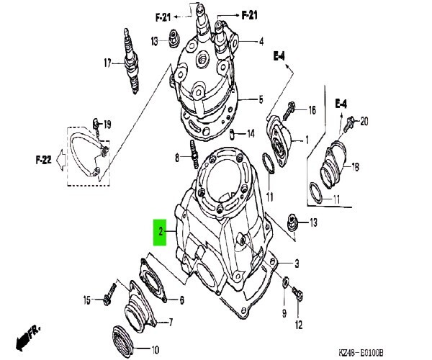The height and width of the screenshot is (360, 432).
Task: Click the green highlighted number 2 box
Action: pyautogui.click(x=160, y=232)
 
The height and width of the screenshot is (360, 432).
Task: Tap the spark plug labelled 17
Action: pyautogui.click(x=131, y=61)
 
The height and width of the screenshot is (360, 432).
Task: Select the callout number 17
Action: pyautogui.click(x=107, y=63)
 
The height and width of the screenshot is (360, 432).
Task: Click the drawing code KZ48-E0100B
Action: pyautogui.click(x=361, y=352)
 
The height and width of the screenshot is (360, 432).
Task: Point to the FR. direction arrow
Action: pyautogui.click(x=27, y=338)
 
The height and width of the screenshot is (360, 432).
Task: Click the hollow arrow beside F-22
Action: pyautogui.click(x=60, y=160)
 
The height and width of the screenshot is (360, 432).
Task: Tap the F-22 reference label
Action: pyautogui.click(x=43, y=160)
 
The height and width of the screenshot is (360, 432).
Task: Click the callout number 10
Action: pyautogui.click(x=156, y=350)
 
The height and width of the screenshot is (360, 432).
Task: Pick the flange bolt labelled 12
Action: pyautogui.click(x=297, y=294)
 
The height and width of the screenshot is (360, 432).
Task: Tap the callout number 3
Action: pyautogui.click(x=297, y=264)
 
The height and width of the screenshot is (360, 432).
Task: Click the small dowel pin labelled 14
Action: pyautogui.click(x=232, y=133)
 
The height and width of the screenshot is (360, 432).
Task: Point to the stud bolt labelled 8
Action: pyautogui.click(x=194, y=154)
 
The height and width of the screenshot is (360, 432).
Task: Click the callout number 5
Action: pyautogui.click(x=261, y=99)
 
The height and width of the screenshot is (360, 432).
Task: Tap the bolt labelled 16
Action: pyautogui.click(x=288, y=111)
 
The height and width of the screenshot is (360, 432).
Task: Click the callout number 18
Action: pyautogui.click(x=356, y=167)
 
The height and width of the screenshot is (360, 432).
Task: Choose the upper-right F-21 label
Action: pyautogui.click(x=250, y=15)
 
